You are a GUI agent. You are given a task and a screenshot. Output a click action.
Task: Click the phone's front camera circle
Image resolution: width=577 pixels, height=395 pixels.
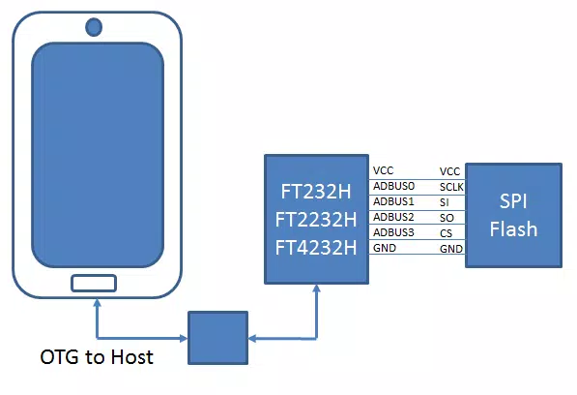click(94, 27)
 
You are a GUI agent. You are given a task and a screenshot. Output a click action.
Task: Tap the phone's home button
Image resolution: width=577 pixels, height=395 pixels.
click(94, 284)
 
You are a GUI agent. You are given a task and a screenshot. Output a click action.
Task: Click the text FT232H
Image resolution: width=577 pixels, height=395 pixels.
click(316, 192)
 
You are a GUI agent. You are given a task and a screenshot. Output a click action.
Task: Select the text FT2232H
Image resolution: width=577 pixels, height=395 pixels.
click(316, 220)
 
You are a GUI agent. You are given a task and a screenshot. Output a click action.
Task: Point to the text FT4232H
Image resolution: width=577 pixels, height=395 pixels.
click(316, 248)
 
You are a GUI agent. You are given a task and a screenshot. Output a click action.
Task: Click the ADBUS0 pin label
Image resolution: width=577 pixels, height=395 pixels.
click(393, 186)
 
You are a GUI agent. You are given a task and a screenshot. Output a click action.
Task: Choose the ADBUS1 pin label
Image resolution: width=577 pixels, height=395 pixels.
click(393, 201)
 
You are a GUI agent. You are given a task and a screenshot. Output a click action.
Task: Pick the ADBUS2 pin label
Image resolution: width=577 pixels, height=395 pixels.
click(393, 217)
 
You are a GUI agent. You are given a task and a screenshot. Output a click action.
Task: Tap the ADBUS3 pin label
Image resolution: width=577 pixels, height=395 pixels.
click(393, 232)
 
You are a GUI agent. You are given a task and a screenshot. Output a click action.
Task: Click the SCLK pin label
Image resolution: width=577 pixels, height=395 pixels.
click(451, 187)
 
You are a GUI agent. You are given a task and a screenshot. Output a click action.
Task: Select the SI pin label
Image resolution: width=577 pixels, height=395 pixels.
click(445, 202)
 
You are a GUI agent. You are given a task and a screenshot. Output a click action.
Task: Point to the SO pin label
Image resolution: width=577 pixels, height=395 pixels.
click(447, 218)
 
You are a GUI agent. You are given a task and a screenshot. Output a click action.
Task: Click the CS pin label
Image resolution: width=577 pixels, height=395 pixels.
click(446, 233)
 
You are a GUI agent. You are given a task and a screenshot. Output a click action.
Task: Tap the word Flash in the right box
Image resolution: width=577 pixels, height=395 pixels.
click(513, 228)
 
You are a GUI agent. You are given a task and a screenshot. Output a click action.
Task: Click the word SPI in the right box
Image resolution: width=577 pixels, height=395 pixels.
click(513, 201)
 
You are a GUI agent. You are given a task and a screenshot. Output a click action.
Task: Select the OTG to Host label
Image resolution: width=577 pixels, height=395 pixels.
click(97, 357)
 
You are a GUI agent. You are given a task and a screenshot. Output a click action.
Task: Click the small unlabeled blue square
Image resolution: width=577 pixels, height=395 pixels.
click(217, 338)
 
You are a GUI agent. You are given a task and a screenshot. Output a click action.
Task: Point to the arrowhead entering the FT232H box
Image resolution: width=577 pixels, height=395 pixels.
click(316, 289)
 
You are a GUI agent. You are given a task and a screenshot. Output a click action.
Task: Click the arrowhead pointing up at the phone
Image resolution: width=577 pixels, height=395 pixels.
click(98, 303)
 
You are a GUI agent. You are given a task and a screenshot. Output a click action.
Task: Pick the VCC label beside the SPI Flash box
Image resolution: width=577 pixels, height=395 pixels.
click(449, 171)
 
